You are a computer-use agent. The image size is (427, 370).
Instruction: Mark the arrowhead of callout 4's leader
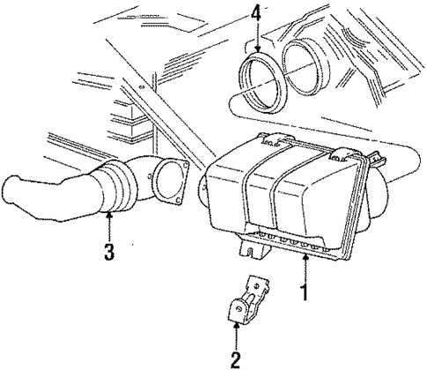(255, 52)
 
